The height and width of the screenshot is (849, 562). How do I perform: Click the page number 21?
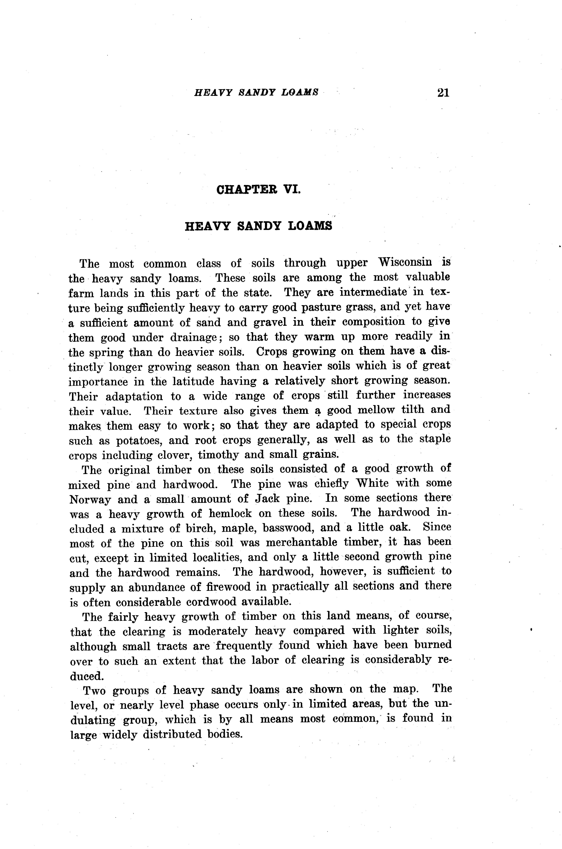point(443,93)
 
